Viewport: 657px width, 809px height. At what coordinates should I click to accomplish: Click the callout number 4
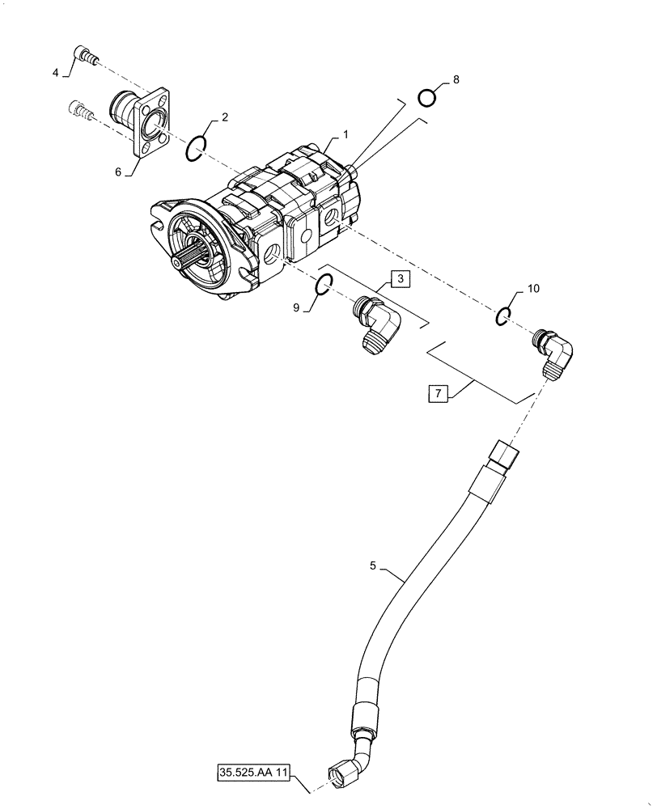[x=56, y=73]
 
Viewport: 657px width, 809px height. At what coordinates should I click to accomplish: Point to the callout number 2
[x=224, y=116]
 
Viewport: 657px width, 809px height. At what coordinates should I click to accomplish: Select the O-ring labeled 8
[x=427, y=98]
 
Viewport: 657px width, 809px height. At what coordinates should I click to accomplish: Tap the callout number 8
[x=456, y=79]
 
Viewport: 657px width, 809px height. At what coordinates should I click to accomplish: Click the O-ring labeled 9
[x=322, y=284]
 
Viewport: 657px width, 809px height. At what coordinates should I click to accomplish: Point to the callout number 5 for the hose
[x=373, y=566]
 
